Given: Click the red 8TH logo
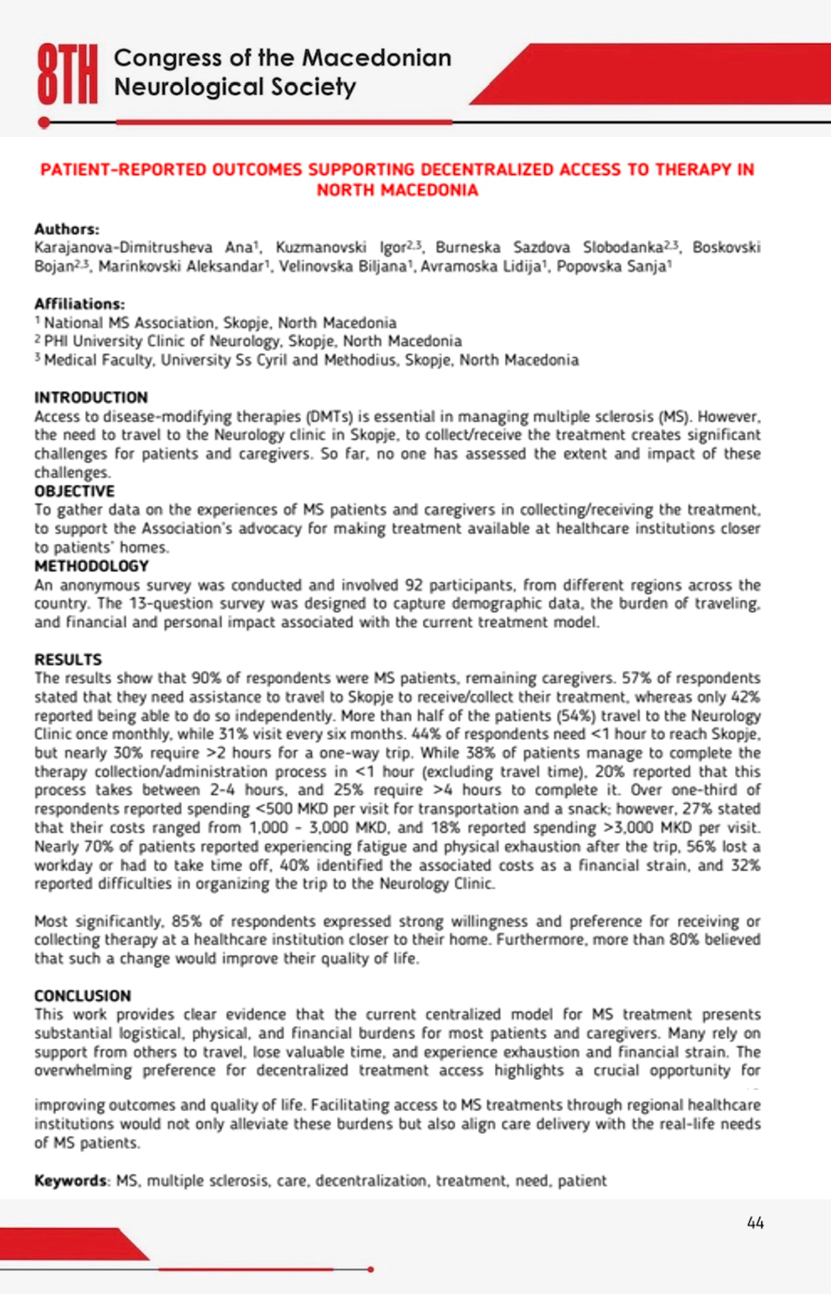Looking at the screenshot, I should pos(67,74).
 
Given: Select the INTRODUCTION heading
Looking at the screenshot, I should pos(90,397).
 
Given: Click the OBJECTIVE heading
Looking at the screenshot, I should pos(74,491).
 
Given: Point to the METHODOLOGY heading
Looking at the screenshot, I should pos(91,566).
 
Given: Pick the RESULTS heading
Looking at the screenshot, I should pos(68,659).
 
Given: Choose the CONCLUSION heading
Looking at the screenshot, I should pos(83,995).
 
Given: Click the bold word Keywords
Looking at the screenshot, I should pos(70,1181).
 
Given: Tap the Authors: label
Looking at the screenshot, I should pos(67,229).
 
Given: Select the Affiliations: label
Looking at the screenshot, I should pos(79,304).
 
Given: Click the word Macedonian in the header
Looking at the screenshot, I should pos(376,58).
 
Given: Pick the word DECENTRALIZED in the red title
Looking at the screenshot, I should pos(487,169).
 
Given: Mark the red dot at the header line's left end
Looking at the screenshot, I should pos(44,123).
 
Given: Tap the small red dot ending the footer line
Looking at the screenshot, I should pos(370,1269).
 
